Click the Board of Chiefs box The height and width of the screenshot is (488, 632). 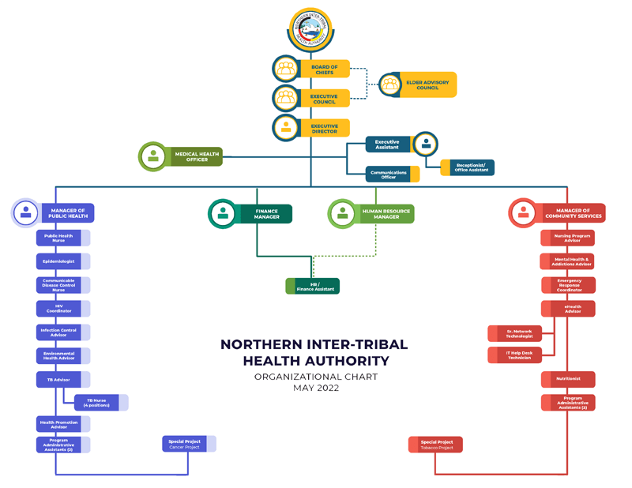pos(323,70)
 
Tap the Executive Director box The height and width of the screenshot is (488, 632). pos(323,128)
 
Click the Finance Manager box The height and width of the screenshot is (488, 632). pos(265,213)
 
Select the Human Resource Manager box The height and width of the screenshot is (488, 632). pos(382,213)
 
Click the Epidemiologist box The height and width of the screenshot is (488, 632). pos(59,261)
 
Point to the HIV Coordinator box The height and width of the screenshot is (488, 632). pos(59,309)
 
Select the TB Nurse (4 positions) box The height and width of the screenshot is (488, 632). pos(96,403)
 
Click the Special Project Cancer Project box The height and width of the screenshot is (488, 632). pos(184,445)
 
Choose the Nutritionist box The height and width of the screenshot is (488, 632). pos(568,379)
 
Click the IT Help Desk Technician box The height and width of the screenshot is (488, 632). pos(515,355)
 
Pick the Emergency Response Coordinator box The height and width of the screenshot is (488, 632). pos(568,285)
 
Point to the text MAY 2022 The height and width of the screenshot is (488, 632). pos(315,389)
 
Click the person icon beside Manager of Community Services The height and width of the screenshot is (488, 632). pos(523,213)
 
